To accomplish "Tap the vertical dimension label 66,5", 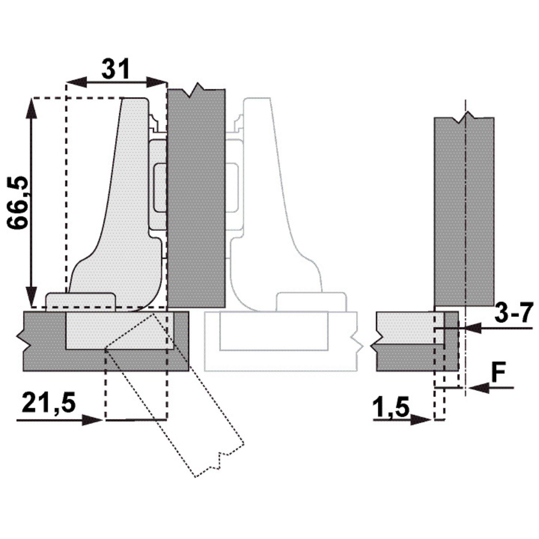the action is tap(18, 203).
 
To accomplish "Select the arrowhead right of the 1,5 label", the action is tap(421, 419).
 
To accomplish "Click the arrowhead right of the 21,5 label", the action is tap(92, 420).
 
